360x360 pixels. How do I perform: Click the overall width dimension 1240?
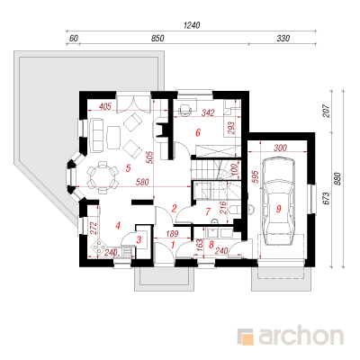click(x=192, y=25)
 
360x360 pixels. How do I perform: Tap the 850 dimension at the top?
click(x=157, y=39)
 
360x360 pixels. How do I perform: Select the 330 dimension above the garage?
click(x=283, y=39)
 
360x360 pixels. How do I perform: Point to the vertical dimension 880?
click(x=338, y=178)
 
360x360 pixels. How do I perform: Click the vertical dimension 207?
click(x=327, y=111)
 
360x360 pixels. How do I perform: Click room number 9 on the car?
click(x=279, y=209)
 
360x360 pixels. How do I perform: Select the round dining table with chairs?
click(x=103, y=177)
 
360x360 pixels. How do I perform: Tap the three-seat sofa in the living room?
click(x=96, y=134)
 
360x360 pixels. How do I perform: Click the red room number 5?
click(x=128, y=168)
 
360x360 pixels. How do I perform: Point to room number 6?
click(x=198, y=132)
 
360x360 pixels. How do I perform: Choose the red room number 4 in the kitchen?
click(x=118, y=225)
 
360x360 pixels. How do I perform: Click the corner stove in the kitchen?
click(x=98, y=247)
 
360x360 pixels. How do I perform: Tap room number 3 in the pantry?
click(x=139, y=240)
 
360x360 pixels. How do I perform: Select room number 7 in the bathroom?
click(x=208, y=211)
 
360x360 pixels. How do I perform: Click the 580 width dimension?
click(x=142, y=182)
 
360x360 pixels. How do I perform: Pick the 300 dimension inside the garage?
click(x=280, y=148)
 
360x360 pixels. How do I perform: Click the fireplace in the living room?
click(x=160, y=130)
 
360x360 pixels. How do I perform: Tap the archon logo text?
click(x=301, y=337)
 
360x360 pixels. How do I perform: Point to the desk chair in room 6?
click(x=184, y=109)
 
